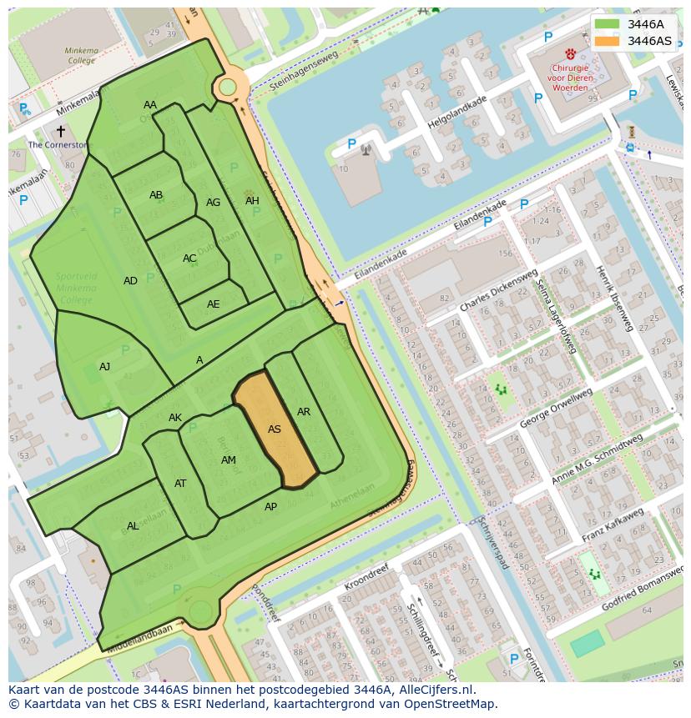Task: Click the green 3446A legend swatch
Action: [608, 24]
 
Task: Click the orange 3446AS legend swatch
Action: [608, 41]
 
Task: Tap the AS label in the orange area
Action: [275, 429]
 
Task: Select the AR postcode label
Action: [304, 412]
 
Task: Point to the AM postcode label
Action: [229, 460]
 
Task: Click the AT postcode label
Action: [180, 484]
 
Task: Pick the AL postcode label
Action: [133, 526]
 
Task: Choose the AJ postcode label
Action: [104, 367]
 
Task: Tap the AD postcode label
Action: [130, 281]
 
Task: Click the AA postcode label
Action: [150, 105]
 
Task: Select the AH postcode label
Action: [252, 201]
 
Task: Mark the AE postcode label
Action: [214, 304]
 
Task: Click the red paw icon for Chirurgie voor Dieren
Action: [570, 53]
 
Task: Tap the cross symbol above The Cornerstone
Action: [60, 131]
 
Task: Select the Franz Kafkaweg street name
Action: [613, 525]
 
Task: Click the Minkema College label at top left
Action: [81, 56]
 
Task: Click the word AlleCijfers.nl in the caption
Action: [434, 690]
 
